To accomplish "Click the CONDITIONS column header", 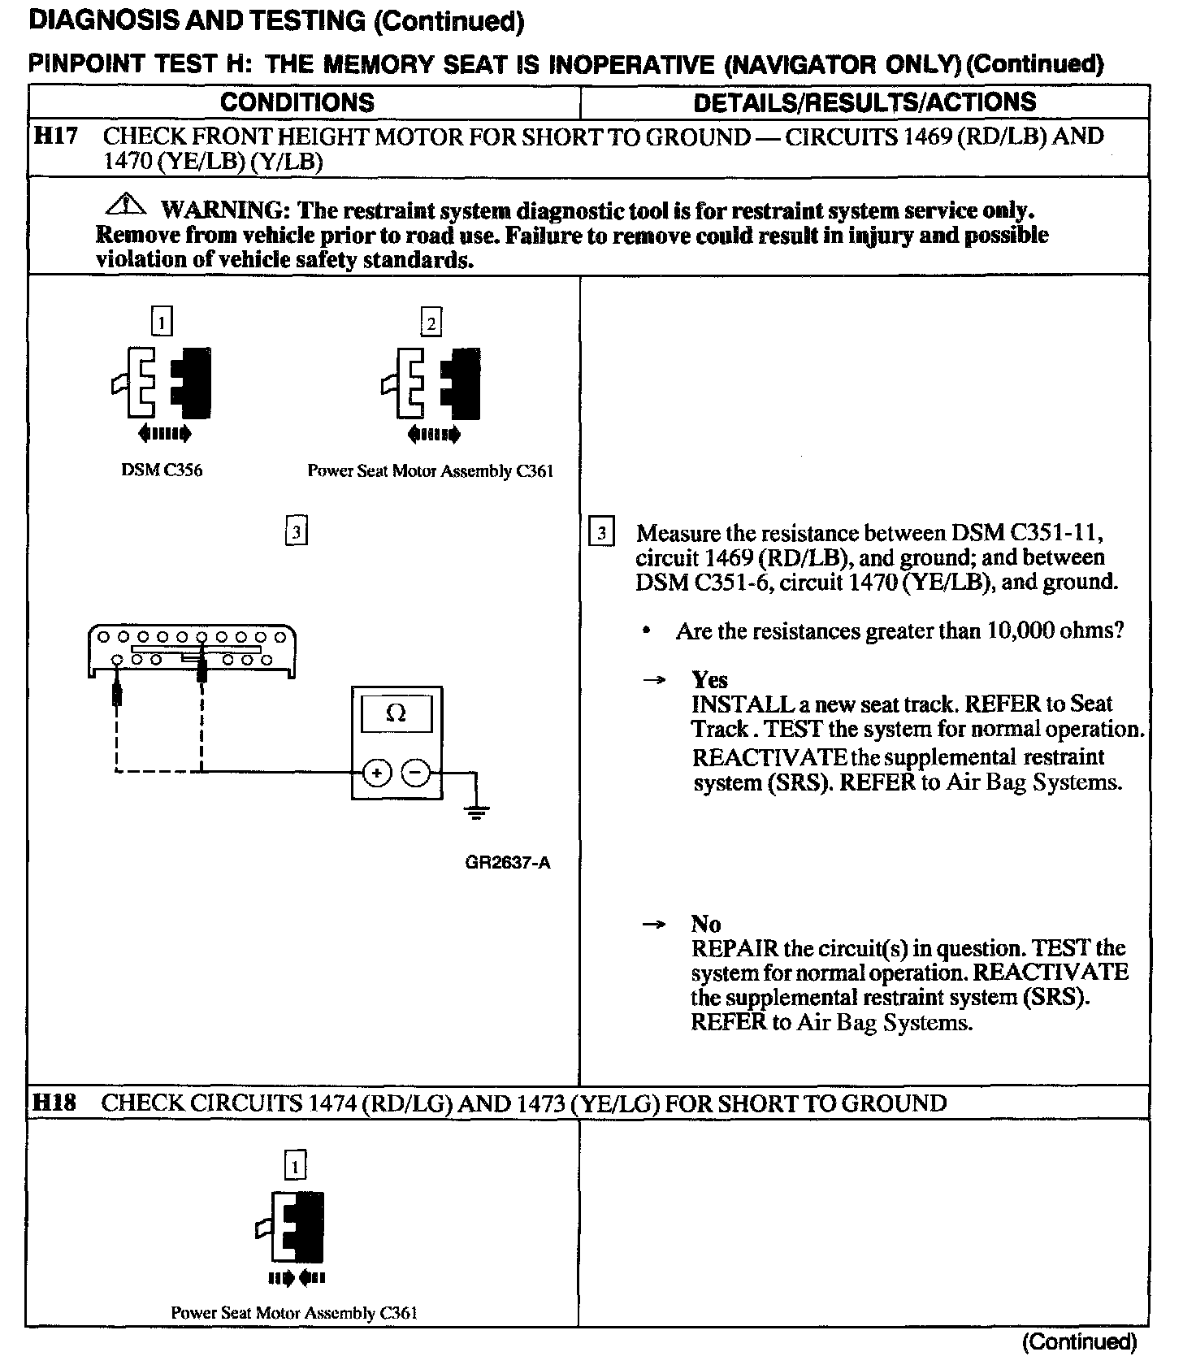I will (x=297, y=102).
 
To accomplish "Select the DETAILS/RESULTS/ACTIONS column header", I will (x=864, y=102).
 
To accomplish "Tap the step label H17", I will (x=54, y=136).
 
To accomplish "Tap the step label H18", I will (x=54, y=1103).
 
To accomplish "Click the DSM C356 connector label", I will (x=162, y=470).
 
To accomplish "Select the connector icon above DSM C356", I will (x=162, y=382).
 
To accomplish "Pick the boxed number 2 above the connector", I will (x=431, y=323).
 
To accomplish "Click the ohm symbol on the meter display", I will (x=396, y=713).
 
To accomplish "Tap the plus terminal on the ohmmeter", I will (x=377, y=773).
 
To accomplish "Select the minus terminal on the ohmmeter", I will (x=416, y=773).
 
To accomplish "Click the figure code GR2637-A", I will (x=508, y=863).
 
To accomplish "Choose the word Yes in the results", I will (x=709, y=679).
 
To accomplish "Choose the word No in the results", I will (x=705, y=924).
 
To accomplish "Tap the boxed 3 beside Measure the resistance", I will (x=600, y=533).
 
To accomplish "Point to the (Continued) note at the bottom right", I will (x=1079, y=1342).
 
